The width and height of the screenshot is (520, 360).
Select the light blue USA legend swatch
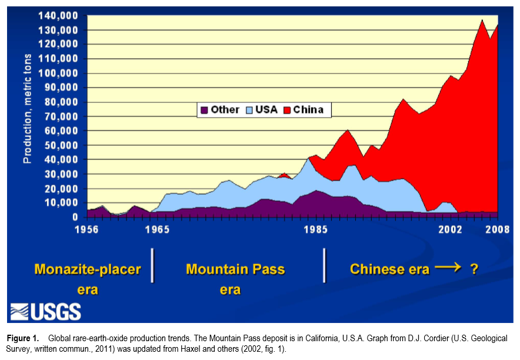pyautogui.click(x=249, y=109)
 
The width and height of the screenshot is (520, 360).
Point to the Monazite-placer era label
pyautogui.click(x=88, y=279)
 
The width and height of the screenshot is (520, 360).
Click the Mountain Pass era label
pyautogui.click(x=235, y=279)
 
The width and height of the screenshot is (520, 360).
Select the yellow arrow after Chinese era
pyautogui.click(x=448, y=268)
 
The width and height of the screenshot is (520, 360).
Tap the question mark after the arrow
pyautogui.click(x=474, y=269)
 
